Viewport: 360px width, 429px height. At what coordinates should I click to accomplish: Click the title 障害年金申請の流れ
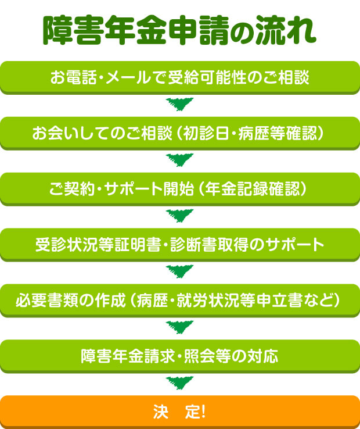pos(179,30)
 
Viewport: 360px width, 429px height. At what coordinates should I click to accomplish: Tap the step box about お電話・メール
pos(180,78)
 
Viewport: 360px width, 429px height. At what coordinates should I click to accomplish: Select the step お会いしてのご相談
pos(180,134)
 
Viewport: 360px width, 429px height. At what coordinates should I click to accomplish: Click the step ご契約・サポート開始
pos(180,189)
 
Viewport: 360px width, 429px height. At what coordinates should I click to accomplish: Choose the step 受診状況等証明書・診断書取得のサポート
pos(180,245)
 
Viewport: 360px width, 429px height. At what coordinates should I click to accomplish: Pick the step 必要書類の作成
pos(180,301)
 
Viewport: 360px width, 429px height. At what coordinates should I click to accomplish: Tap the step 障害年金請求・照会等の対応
pos(180,356)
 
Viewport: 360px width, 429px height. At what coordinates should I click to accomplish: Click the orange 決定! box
pos(180,412)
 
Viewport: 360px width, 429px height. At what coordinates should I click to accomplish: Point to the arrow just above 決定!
pos(179,383)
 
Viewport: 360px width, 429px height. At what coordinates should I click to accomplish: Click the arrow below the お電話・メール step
pos(179,105)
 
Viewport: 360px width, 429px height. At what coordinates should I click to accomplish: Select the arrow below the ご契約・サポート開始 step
pos(179,216)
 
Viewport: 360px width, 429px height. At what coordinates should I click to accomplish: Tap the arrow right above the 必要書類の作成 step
pos(179,271)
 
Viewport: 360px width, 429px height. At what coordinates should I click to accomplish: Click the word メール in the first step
pos(128,77)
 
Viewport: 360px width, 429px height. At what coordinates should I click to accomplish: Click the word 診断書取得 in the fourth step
pos(209,245)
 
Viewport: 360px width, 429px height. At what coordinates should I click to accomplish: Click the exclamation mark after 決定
pos(203,412)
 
